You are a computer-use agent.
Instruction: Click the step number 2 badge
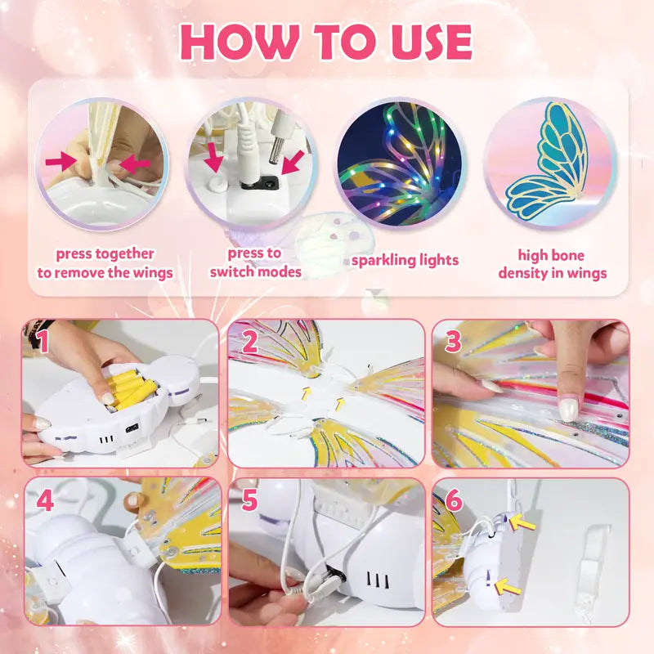[x=250, y=343]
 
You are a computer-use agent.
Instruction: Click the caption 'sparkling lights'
[x=405, y=261]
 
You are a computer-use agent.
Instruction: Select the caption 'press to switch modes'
[x=255, y=262]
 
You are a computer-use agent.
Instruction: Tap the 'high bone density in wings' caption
[x=553, y=264]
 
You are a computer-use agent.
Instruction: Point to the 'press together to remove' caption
[x=105, y=263]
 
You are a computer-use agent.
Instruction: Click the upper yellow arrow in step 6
[x=524, y=522]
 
